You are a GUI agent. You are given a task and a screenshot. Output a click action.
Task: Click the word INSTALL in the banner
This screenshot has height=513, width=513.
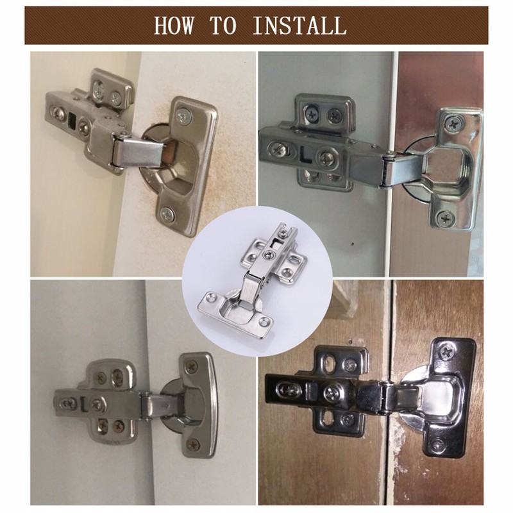click(x=299, y=26)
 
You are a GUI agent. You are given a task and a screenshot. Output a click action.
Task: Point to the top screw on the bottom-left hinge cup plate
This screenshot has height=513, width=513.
click(x=191, y=367)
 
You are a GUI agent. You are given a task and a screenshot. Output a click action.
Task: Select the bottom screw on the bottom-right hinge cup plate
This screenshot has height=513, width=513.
click(x=438, y=444)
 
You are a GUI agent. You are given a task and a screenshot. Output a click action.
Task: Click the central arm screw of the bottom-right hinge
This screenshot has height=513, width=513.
click(x=332, y=393)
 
